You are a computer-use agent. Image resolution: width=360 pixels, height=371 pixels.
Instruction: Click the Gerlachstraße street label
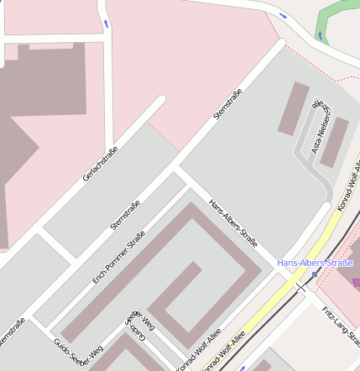coord(100,165)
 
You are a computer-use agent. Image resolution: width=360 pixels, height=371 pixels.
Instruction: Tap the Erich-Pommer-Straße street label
coord(119,256)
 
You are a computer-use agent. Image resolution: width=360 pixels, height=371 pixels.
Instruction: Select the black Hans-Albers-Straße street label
coord(232,222)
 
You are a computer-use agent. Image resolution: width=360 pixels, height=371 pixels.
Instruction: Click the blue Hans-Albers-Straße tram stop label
coord(315,263)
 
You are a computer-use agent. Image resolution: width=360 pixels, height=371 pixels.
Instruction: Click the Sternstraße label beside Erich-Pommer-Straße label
coord(125,216)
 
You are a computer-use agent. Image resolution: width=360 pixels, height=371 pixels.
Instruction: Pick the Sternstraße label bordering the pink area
coord(227,104)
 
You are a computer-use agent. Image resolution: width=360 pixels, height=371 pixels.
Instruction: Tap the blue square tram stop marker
coord(315,274)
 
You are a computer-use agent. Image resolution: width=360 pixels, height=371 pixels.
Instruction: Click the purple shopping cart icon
coord(356,283)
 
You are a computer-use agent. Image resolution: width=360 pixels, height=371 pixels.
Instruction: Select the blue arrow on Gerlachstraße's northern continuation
coord(107,22)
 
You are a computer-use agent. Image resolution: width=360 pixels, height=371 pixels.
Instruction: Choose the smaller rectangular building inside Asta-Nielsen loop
coord(334,141)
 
